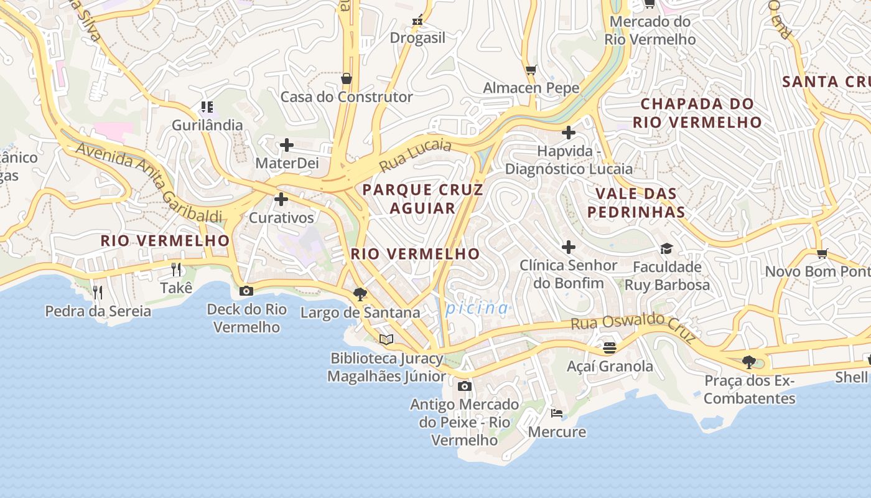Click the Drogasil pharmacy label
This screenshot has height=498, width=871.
[x=417, y=38]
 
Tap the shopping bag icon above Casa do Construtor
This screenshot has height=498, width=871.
[x=347, y=78]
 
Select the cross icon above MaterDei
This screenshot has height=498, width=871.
[x=286, y=145]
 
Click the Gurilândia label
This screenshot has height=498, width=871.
[x=207, y=125]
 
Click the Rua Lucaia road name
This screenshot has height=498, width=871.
[x=415, y=156]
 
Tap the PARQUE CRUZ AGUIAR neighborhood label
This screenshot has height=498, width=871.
[x=422, y=199]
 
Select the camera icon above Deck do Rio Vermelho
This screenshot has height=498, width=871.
[x=246, y=291]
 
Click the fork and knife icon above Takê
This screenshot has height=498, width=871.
[x=176, y=269]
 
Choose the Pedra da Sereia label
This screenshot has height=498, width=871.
[x=98, y=311]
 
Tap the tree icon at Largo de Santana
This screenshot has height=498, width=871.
[x=360, y=294]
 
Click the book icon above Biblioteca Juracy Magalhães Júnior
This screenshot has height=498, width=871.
[x=386, y=339]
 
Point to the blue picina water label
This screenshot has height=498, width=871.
[x=477, y=308]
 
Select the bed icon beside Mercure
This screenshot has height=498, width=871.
[x=557, y=413]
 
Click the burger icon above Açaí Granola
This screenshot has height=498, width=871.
[x=610, y=347]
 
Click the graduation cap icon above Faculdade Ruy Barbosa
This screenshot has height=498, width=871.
[x=666, y=248]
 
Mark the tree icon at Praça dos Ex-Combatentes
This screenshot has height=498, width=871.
[x=749, y=362]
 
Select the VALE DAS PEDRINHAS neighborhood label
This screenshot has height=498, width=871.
[x=636, y=202]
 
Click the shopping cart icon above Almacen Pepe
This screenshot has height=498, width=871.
[x=531, y=70]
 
